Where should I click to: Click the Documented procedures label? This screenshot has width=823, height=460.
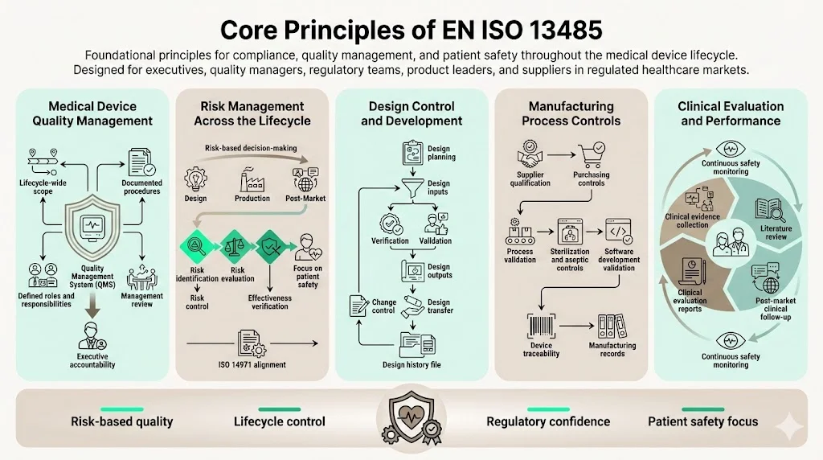[x=142, y=187]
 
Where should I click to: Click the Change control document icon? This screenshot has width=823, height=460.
[x=359, y=306]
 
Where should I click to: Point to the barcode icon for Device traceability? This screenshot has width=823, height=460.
[x=540, y=326]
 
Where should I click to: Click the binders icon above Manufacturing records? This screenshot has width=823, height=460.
[x=612, y=326]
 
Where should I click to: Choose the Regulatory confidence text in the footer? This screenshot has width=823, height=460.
[x=548, y=421]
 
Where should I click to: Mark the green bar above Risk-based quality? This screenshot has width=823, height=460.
[x=122, y=409]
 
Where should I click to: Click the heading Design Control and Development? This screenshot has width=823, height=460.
[x=411, y=113]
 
